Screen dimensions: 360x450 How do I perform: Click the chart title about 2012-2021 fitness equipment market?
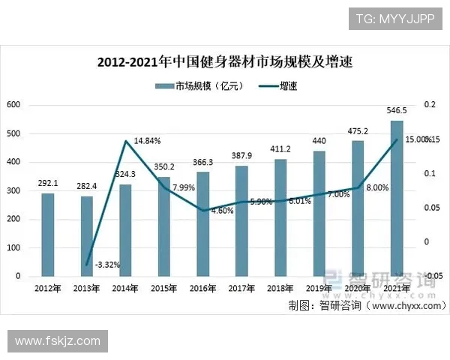point(225,62)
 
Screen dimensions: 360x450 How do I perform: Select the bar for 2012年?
point(47,234)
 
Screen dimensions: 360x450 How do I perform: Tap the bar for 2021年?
point(397,198)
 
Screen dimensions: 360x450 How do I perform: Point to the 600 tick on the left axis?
point(13,105)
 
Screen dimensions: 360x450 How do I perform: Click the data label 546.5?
point(397,110)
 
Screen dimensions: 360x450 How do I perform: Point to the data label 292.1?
point(47,182)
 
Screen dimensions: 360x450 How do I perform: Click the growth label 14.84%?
point(147,140)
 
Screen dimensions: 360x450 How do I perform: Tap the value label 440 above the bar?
point(319,140)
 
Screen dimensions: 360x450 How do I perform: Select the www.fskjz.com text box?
point(58,341)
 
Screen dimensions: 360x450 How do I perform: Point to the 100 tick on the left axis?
point(13,247)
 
